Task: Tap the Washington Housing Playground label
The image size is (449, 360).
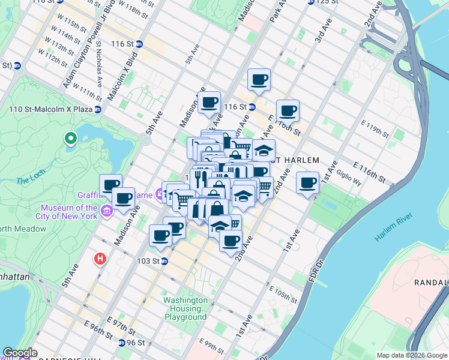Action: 185,308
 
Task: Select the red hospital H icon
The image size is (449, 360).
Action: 100,259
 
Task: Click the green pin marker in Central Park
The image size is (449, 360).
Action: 71,139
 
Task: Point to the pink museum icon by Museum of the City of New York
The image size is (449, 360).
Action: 107,211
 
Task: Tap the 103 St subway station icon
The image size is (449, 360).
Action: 164,261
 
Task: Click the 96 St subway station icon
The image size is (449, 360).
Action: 122,343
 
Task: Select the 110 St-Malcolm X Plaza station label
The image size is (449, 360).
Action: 64,109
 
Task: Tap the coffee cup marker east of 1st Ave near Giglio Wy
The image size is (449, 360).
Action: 308,182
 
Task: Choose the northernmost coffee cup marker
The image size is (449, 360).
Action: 259,79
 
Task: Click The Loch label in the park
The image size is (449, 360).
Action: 28,180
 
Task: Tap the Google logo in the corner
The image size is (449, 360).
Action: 20,353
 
